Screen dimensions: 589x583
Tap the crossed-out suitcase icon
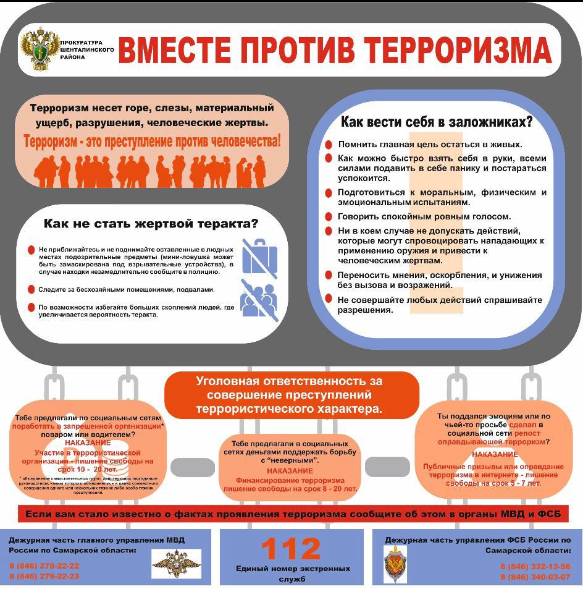point(259,256)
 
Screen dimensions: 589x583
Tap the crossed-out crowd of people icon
point(259,299)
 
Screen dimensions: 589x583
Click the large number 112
point(291,549)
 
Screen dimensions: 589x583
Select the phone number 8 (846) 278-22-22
point(44,566)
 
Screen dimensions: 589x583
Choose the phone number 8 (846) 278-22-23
point(44,576)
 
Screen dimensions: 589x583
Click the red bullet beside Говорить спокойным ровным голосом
point(329,217)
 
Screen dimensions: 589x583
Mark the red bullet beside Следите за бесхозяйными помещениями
point(31,289)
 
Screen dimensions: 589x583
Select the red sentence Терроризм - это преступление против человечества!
point(152,140)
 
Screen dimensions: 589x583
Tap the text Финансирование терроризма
point(290,480)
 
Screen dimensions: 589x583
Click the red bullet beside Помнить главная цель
point(329,145)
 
